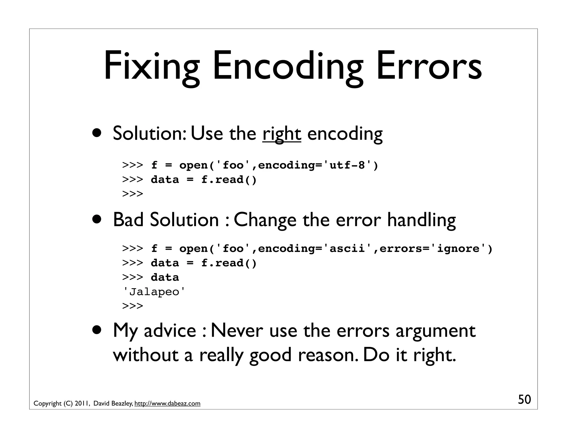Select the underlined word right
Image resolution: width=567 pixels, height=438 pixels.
(282, 134)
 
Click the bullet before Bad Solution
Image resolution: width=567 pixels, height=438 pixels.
(97, 219)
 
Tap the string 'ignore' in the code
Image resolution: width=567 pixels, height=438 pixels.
(458, 248)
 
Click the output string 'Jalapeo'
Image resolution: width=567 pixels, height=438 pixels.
(154, 292)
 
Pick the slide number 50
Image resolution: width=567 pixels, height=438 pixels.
(524, 400)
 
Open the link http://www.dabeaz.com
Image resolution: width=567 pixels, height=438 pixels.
(167, 403)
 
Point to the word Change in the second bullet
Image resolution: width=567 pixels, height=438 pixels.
(265, 220)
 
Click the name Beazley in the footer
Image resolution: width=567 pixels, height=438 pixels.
(122, 403)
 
